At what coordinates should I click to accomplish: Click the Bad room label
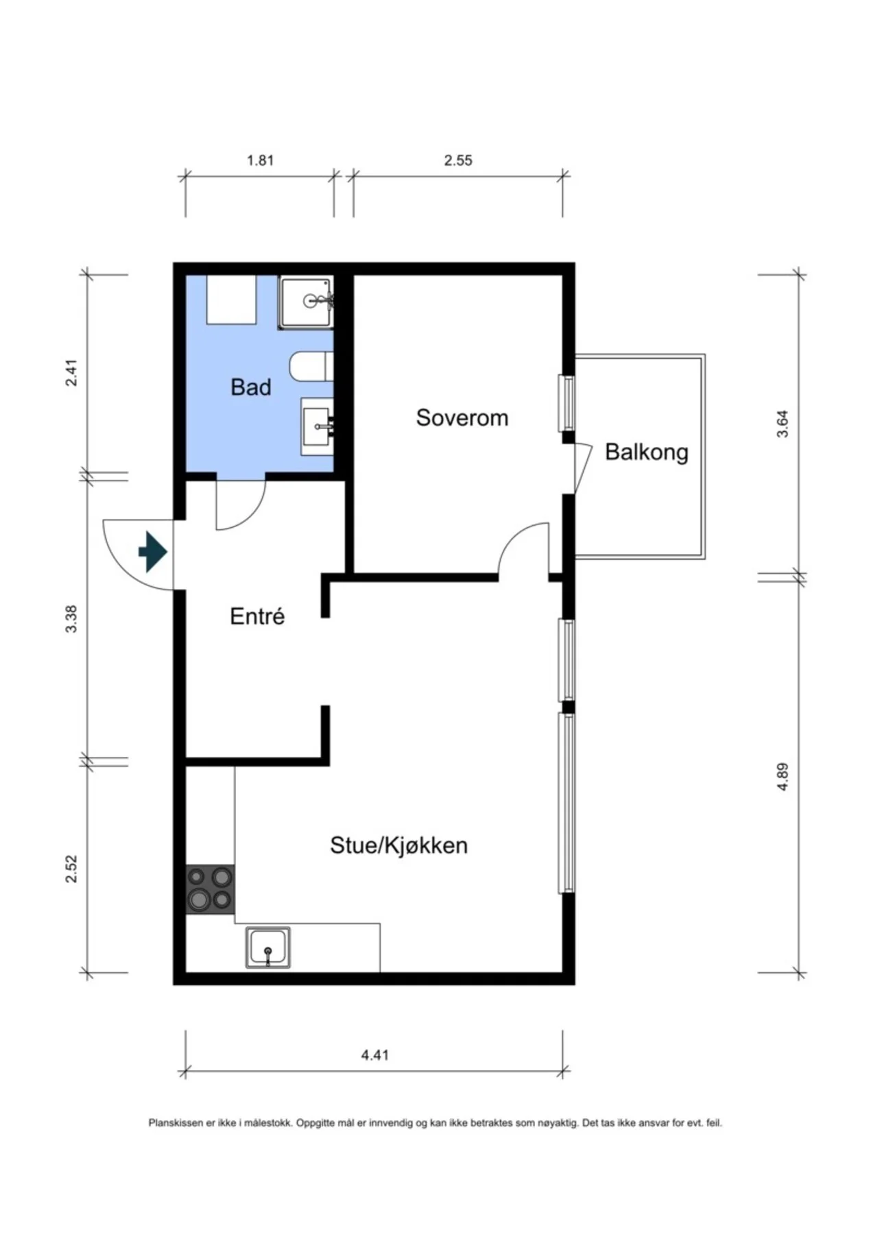point(251,387)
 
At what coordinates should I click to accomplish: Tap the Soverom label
point(462,418)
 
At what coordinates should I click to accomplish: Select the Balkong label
point(647,452)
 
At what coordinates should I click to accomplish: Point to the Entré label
point(257,616)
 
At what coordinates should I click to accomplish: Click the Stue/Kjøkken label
point(399,845)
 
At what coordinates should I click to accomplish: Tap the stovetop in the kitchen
point(211,888)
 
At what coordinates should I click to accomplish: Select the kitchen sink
point(268,948)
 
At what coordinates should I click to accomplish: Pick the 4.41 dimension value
point(375,1054)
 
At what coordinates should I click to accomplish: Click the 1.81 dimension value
point(261,160)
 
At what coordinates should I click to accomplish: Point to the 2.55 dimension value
point(458,160)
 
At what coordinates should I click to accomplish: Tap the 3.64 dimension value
point(783,424)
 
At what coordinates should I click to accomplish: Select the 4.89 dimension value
point(783,777)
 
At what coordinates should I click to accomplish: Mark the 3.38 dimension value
point(72,619)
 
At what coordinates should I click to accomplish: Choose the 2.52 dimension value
point(72,869)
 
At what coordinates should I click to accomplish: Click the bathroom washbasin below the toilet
point(318,426)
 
